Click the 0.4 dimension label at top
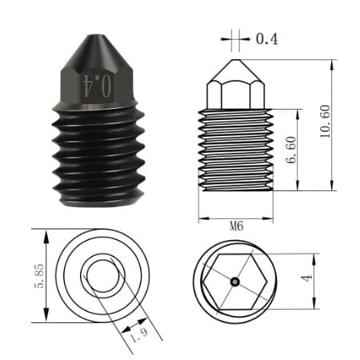coord(267,39)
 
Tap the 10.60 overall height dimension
coord(326,122)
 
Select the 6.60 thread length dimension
coord(291,150)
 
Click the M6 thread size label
coord(237,226)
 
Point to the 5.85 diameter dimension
coord(39,276)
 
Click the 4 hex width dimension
coord(306,278)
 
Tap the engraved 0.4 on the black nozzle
coord(97,86)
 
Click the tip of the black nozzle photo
coord(97,36)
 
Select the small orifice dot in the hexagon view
coord(235,281)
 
